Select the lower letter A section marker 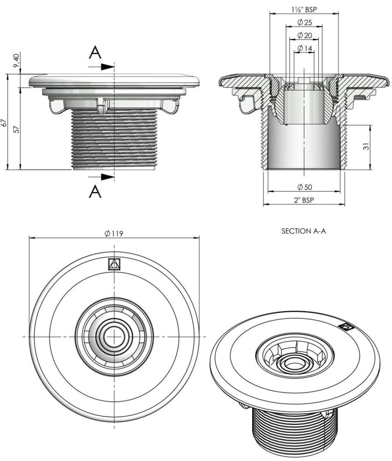[x=95, y=191]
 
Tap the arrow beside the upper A [x=107, y=66]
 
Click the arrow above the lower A [x=107, y=176]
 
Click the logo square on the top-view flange [x=114, y=264]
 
